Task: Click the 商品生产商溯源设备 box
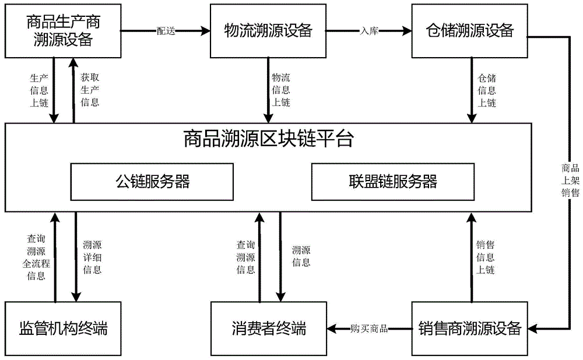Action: [64, 31]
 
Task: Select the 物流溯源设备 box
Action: [268, 31]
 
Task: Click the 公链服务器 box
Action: [153, 181]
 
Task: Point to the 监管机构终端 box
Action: [64, 329]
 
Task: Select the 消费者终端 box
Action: [268, 329]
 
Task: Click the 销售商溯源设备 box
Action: [470, 329]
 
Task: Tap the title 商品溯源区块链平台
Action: [268, 140]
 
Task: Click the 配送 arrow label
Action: [166, 31]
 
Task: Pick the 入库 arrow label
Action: [369, 31]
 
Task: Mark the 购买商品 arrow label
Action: [369, 329]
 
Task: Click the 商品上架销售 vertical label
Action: [570, 181]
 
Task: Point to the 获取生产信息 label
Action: [89, 90]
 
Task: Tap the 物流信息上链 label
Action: [281, 90]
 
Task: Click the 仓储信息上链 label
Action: [487, 90]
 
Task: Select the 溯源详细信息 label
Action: [92, 257]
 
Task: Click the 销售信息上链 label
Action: [487, 257]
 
